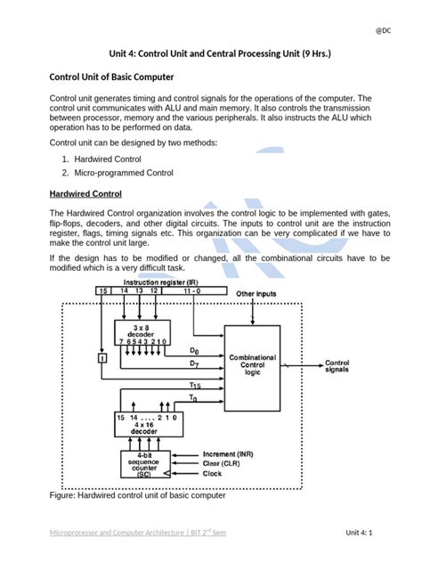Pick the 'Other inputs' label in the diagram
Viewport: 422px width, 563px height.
pyautogui.click(x=256, y=317)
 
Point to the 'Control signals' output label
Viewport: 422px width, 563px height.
pyautogui.click(x=342, y=364)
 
